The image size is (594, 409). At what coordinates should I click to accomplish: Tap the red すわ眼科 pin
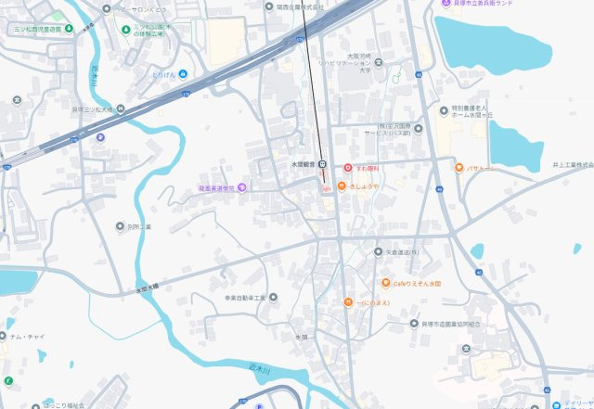347,169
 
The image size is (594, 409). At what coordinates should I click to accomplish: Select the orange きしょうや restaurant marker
342,186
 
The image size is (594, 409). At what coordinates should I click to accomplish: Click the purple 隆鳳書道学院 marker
242,187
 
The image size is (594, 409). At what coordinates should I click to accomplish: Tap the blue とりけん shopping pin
184,73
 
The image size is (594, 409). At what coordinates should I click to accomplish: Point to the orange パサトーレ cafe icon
458,168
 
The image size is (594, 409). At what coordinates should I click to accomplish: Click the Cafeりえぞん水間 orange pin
385,283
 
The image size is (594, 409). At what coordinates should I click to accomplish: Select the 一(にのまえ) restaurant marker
347,302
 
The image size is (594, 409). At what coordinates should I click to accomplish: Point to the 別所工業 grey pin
120,226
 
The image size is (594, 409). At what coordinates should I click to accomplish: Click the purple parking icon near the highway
101,137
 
